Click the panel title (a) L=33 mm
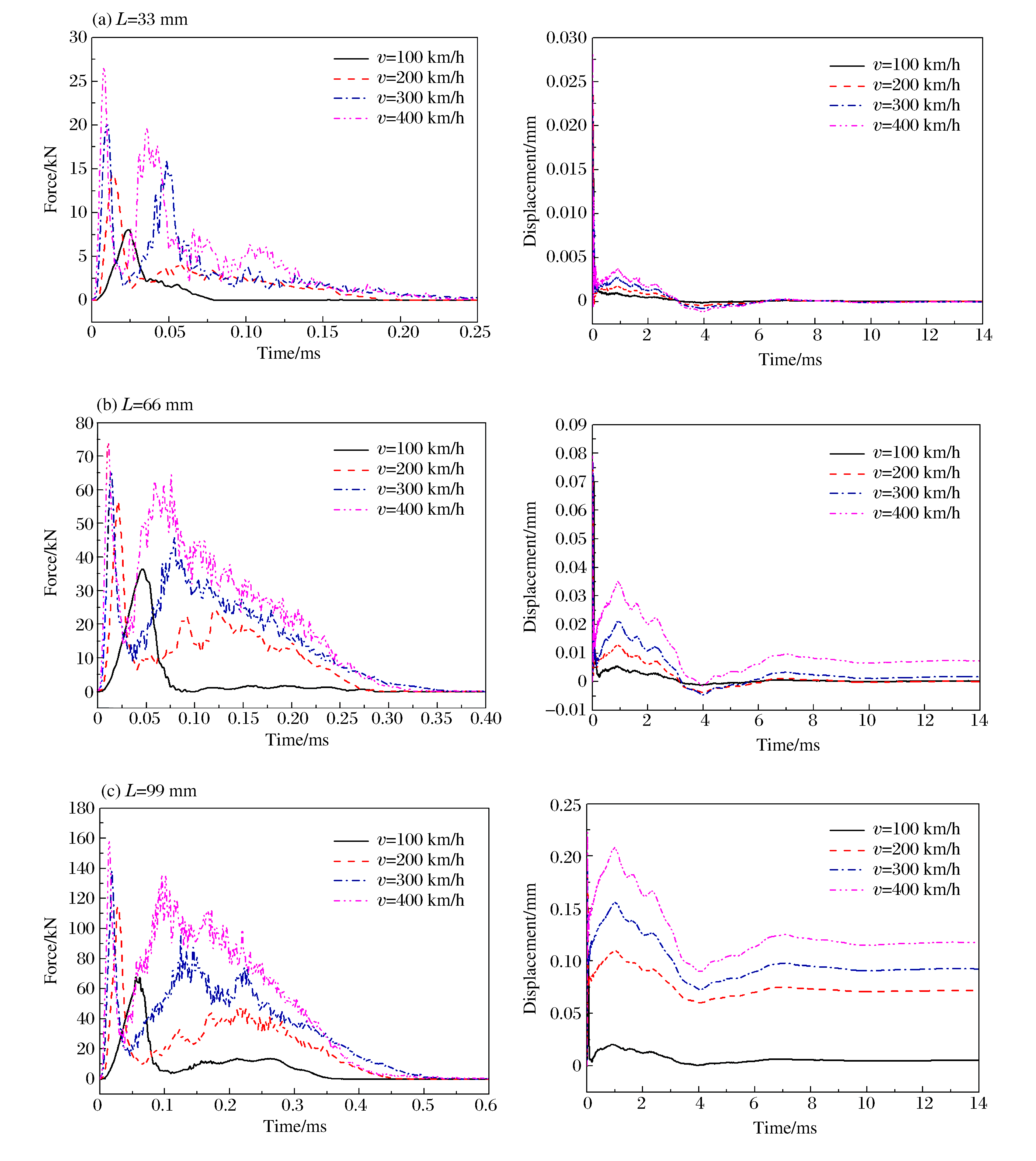point(140,19)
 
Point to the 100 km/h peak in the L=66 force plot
point(142,569)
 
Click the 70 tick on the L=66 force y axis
point(84,456)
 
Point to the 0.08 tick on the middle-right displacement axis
point(570,453)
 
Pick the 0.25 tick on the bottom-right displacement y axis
point(565,805)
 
